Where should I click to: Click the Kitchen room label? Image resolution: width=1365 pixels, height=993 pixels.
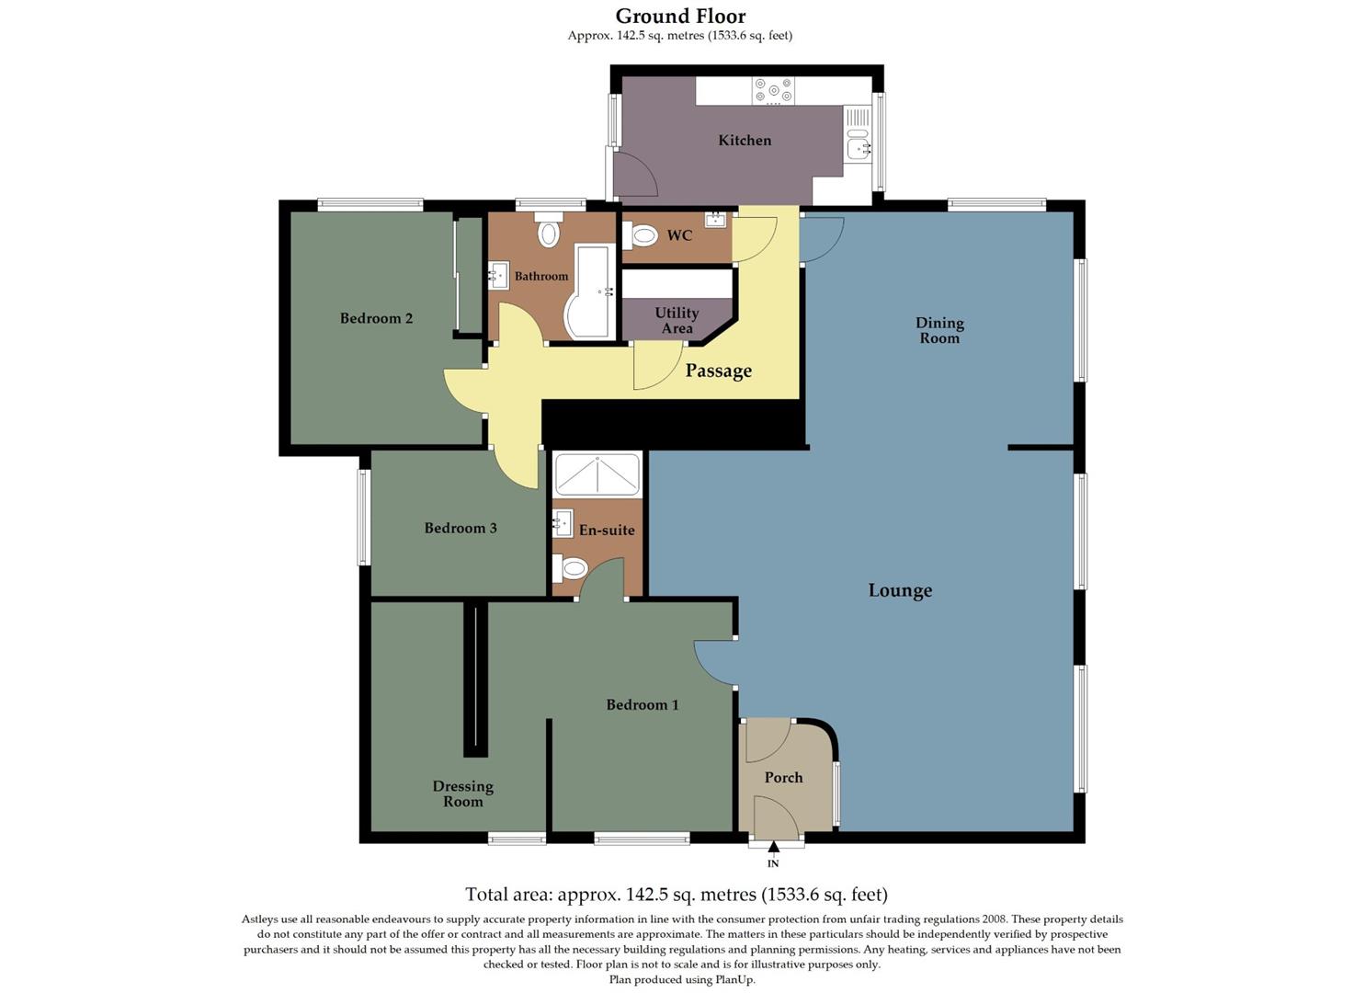[745, 141]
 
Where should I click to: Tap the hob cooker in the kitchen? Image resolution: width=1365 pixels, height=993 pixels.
[773, 91]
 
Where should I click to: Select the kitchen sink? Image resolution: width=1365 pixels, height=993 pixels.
[857, 145]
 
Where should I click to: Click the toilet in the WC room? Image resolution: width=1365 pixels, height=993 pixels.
[642, 236]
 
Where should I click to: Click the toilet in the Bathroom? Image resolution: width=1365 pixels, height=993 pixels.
[549, 232]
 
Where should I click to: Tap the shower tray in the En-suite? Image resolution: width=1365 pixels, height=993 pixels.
[597, 474]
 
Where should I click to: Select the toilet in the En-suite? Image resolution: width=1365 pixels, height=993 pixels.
[571, 569]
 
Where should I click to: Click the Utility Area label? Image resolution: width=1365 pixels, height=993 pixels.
[677, 321]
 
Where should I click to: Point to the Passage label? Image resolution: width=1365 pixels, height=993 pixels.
[719, 371]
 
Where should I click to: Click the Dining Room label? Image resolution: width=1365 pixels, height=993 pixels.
[939, 330]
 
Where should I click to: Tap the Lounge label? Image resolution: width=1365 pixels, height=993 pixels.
[900, 590]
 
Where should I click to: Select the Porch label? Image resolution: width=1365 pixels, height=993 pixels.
[783, 778]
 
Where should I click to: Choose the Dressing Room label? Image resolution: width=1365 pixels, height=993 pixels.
[463, 793]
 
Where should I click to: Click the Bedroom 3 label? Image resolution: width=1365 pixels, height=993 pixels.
[461, 528]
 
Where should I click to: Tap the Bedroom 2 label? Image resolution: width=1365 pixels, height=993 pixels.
[376, 318]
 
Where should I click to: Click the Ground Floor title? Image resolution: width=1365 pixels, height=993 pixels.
[680, 16]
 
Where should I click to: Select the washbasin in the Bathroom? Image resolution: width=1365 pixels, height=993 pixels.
[498, 275]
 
